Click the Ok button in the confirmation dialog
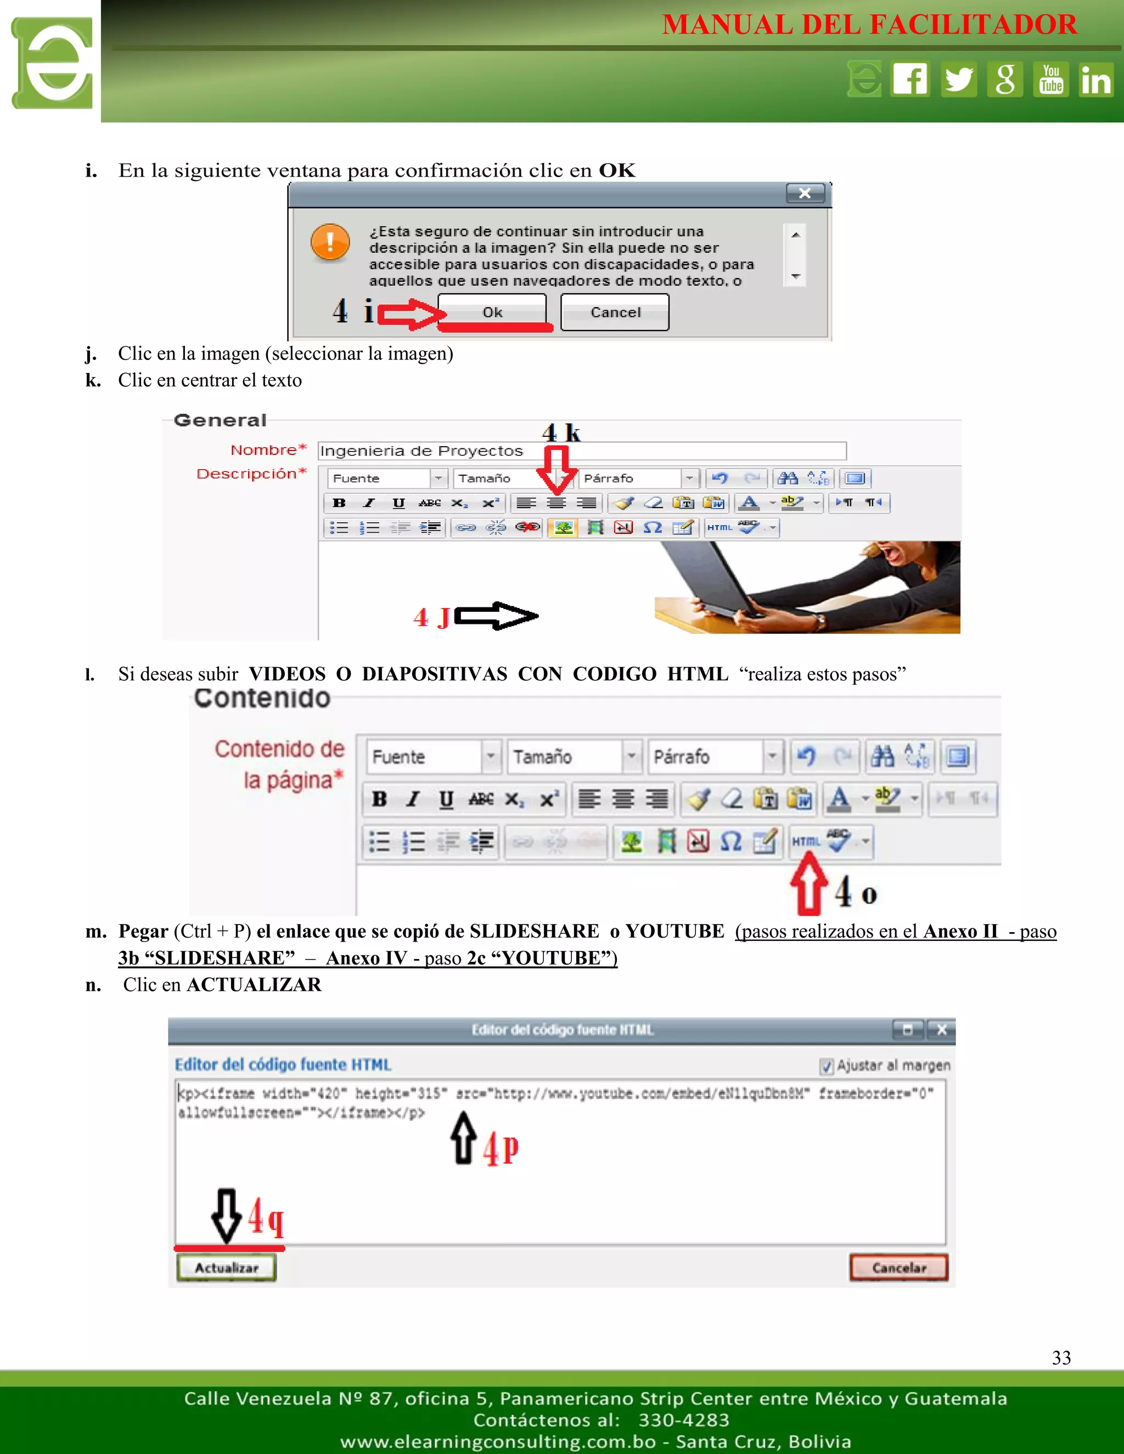tap(492, 312)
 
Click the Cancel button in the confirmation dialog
tap(615, 312)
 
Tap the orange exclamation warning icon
tap(330, 243)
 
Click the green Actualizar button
tap(227, 1267)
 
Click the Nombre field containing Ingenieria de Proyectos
tap(581, 450)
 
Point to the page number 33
tap(1061, 1357)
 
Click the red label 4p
tap(501, 1148)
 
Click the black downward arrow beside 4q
tap(227, 1216)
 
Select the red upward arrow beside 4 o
tap(808, 886)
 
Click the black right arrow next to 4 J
tap(496, 616)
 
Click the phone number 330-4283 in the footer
tap(683, 1420)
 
